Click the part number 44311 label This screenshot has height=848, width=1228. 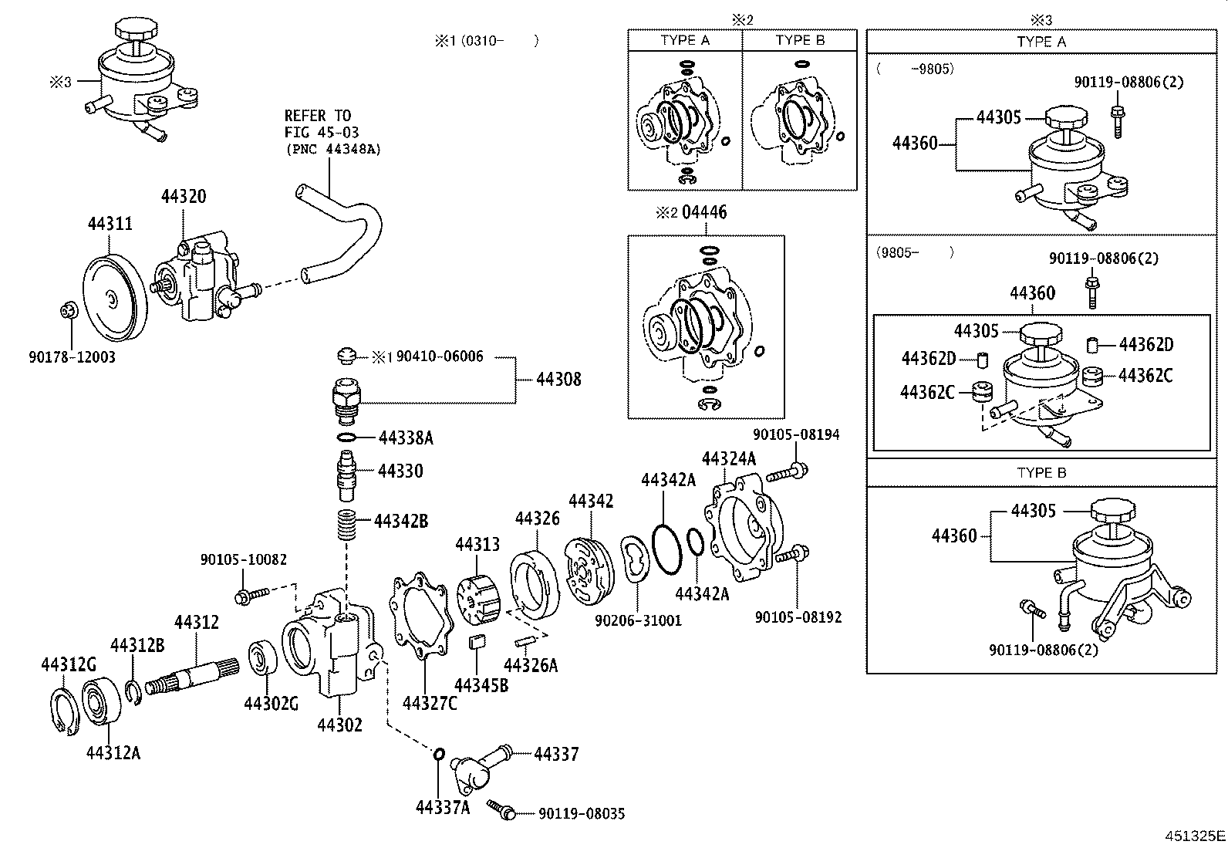coord(110,224)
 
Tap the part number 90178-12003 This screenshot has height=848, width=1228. coord(72,357)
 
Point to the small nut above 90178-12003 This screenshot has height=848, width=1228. coord(69,310)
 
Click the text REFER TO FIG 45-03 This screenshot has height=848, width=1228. coord(321,124)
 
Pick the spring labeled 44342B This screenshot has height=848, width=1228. coord(346,525)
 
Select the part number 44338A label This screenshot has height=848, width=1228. coord(407,438)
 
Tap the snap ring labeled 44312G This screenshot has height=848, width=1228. coord(65,712)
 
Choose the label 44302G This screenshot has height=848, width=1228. coord(271,704)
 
